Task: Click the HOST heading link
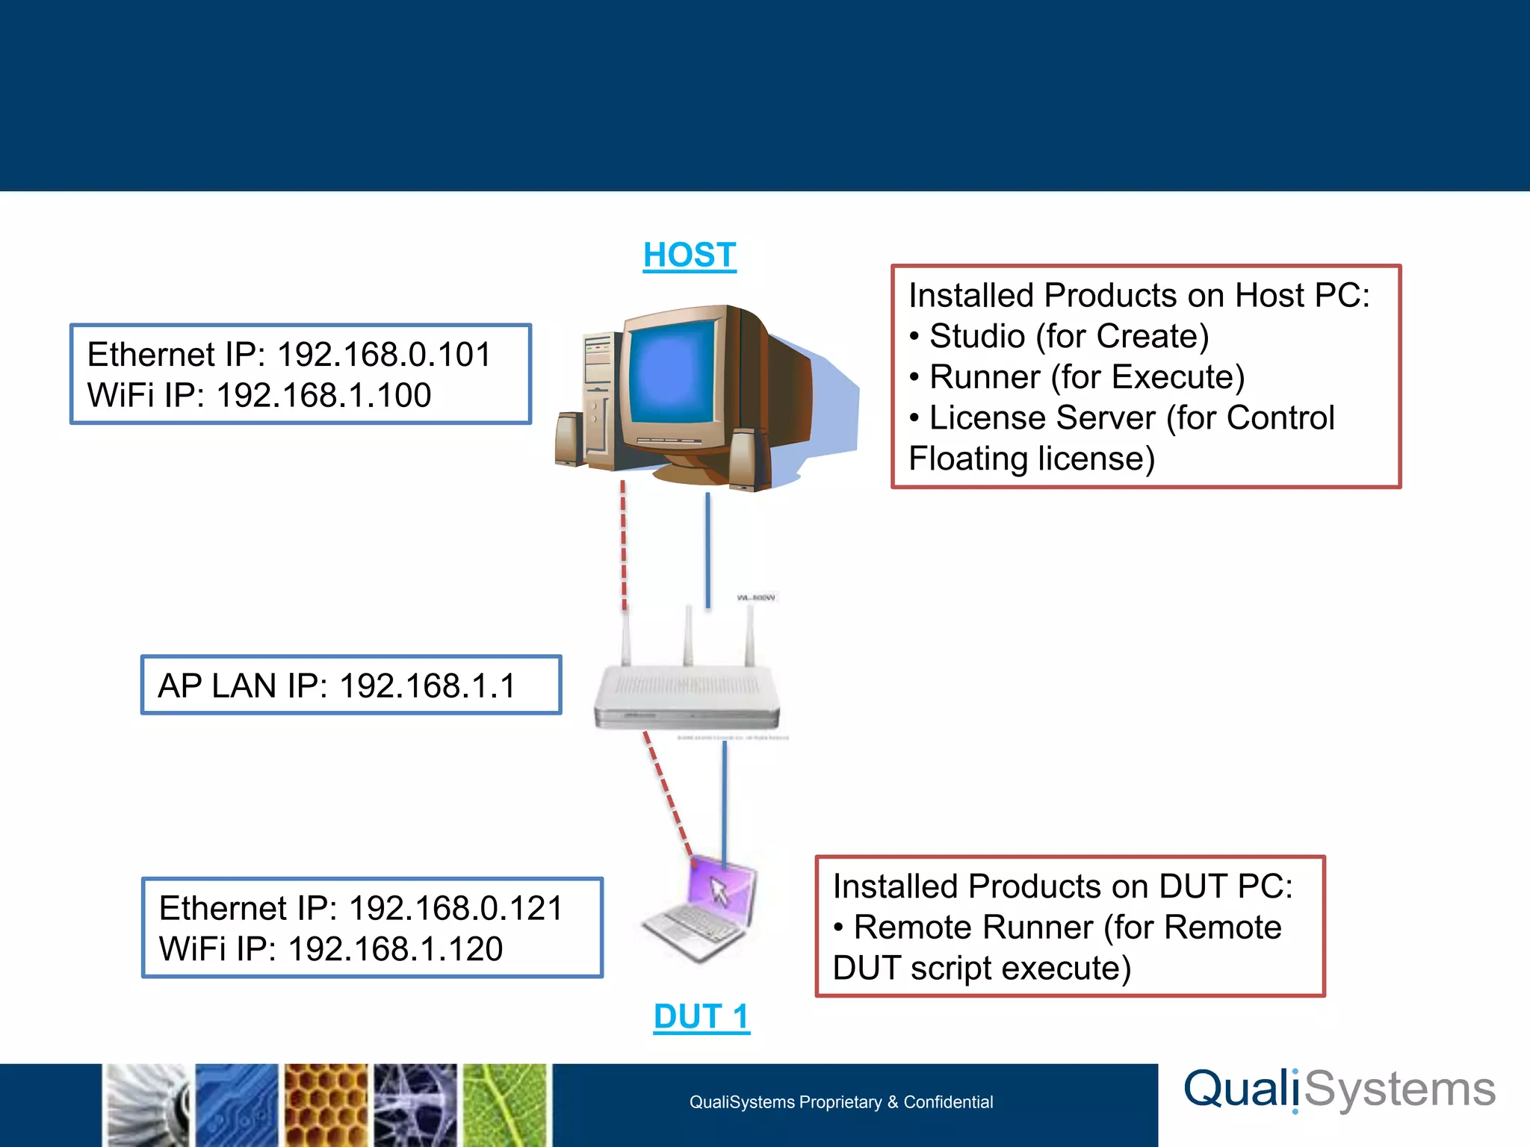(x=690, y=255)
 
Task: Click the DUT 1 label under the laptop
(x=701, y=1016)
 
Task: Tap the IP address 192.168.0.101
(x=384, y=355)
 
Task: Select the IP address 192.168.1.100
(x=323, y=396)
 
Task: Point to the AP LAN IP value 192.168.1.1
(x=427, y=686)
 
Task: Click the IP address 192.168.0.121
(x=456, y=909)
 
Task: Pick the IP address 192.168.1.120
(x=395, y=949)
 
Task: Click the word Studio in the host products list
(x=976, y=336)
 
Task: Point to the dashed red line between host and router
(x=624, y=545)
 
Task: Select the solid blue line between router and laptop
(x=724, y=799)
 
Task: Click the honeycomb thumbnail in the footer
(x=326, y=1105)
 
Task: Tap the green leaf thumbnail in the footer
(x=506, y=1105)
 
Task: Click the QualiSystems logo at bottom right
(x=1339, y=1090)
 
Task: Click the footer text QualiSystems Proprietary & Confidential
(x=840, y=1102)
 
